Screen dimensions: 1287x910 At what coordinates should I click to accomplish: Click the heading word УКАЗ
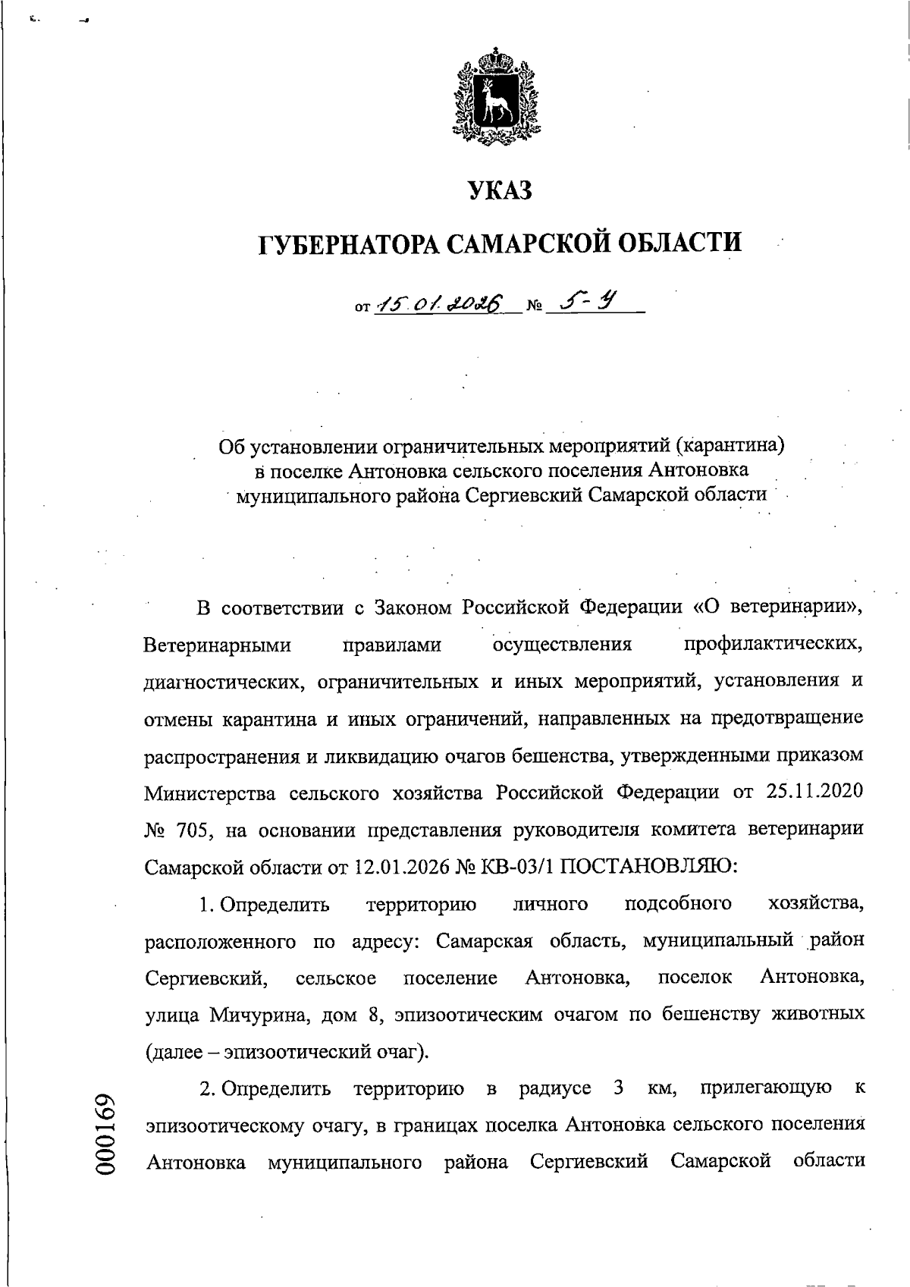(500, 190)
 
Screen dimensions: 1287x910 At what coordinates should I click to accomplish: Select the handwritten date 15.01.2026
(440, 304)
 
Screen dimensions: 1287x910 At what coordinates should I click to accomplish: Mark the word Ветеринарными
(218, 645)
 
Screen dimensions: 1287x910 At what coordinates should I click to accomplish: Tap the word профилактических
(773, 645)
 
